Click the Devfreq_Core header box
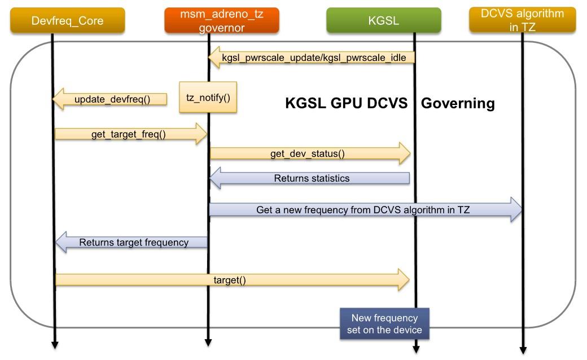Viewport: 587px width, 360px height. tap(67, 20)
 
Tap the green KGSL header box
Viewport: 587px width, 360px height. tap(383, 20)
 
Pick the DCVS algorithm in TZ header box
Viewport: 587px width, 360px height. tap(522, 20)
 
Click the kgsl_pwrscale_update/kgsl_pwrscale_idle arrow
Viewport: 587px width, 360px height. tap(313, 58)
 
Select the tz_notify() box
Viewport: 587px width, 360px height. tap(208, 98)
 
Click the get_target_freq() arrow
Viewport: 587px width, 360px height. tap(130, 134)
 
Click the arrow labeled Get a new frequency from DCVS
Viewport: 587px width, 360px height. tap(365, 210)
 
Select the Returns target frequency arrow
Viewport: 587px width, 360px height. tap(132, 242)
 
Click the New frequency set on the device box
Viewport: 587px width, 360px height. tap(384, 323)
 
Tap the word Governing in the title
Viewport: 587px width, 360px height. tap(458, 103)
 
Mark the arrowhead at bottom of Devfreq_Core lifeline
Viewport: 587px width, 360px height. tap(55, 344)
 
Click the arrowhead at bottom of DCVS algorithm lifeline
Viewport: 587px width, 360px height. tap(523, 349)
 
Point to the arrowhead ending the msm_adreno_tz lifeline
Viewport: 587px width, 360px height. tap(208, 342)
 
